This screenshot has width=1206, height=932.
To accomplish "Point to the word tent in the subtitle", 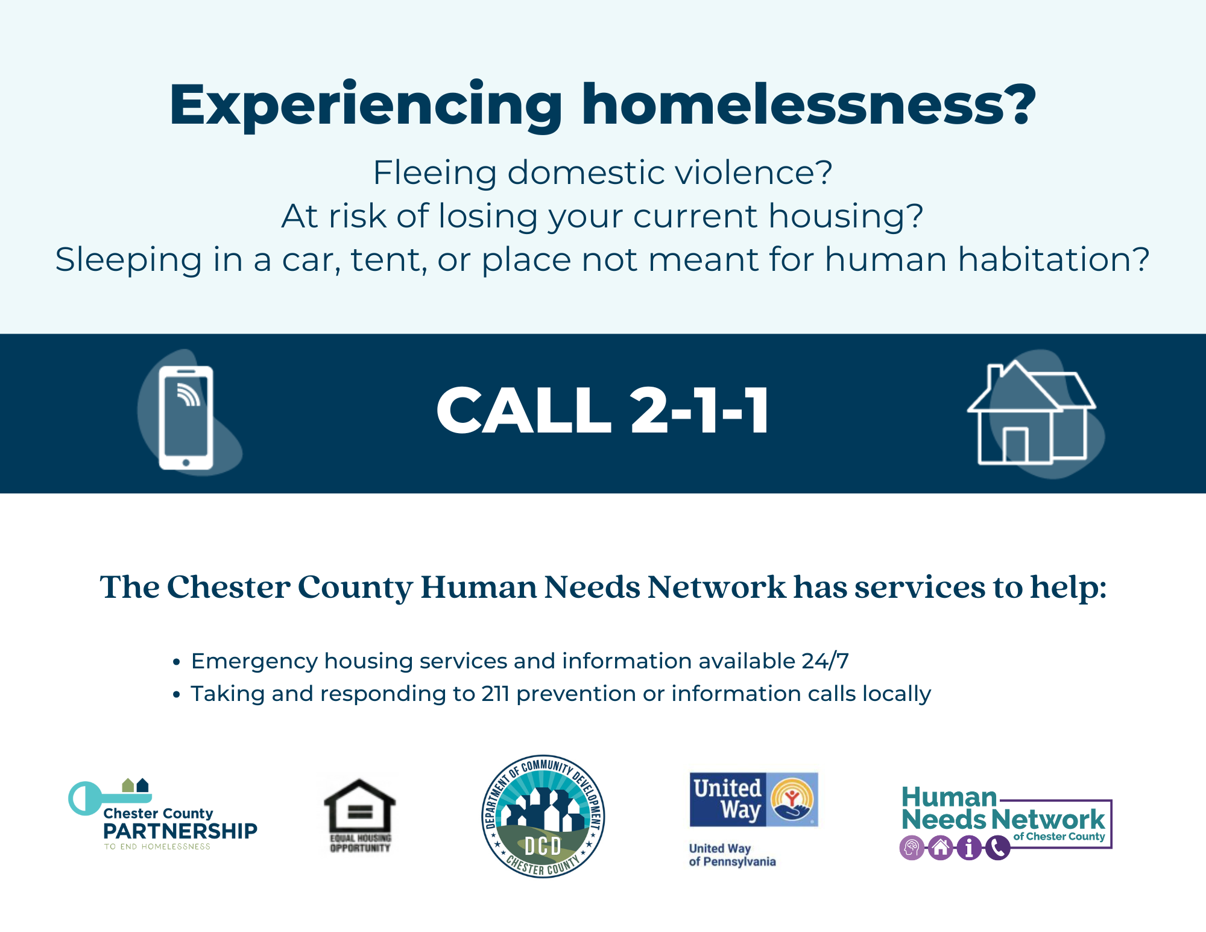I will [x=388, y=260].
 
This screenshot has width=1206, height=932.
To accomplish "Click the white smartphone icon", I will [x=186, y=417].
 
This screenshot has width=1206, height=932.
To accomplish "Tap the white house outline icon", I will [x=1031, y=413].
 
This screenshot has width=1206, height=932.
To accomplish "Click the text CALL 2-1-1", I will [x=603, y=411].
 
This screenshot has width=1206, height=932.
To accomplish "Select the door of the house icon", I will [x=1015, y=445].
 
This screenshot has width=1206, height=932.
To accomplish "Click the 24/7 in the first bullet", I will [x=825, y=661].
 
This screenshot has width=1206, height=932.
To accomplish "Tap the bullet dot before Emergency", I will [x=176, y=662].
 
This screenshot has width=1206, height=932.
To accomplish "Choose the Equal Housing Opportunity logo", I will [x=360, y=816].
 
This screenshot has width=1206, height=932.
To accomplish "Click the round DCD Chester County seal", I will [x=543, y=816].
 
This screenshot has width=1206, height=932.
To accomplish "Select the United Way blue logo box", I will [x=754, y=800].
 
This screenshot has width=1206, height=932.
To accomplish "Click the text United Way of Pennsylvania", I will [x=732, y=855].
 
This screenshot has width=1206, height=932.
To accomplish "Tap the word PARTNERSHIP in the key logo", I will [x=180, y=831].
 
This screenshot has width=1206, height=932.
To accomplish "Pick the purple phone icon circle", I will [x=997, y=848].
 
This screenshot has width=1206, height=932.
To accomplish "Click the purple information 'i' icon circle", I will [x=969, y=848].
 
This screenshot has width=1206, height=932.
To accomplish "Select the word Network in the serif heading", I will [x=716, y=587].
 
